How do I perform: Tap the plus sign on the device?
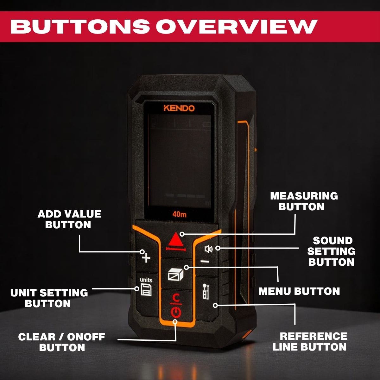click(x=146, y=258)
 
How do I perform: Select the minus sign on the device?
click(x=205, y=262)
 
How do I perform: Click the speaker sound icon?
click(x=209, y=249)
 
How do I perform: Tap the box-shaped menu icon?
click(x=175, y=275)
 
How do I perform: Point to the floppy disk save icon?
click(x=146, y=289)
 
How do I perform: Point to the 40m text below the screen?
click(x=179, y=214)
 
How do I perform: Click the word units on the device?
click(x=146, y=280)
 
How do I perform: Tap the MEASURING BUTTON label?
click(x=304, y=201)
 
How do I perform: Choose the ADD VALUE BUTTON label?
click(x=69, y=219)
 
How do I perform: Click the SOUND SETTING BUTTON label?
click(x=332, y=251)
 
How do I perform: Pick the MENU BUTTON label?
click(x=299, y=291)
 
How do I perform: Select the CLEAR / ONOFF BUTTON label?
click(x=62, y=342)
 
